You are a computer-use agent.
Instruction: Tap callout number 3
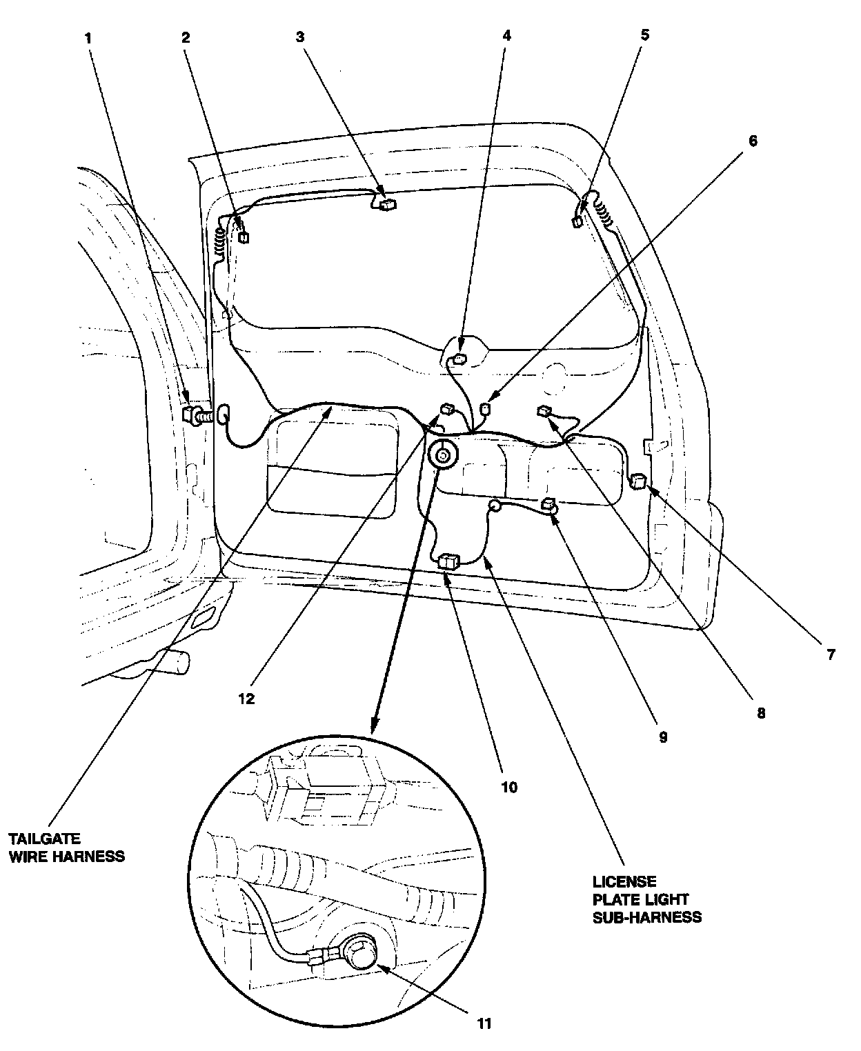tap(300, 37)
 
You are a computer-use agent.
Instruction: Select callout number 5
tap(645, 34)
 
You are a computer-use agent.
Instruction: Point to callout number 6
tap(753, 141)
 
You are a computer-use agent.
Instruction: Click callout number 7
tap(830, 654)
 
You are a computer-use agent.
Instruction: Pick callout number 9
tap(662, 737)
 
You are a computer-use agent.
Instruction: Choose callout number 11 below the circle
tap(484, 1023)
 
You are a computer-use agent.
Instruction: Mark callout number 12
tap(246, 699)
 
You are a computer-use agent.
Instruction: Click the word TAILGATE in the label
tap(44, 839)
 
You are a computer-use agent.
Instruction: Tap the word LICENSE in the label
tap(624, 882)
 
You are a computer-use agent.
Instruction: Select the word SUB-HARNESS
tap(647, 917)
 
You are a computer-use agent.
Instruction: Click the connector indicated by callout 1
tap(190, 414)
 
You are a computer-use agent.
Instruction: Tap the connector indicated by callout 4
tap(458, 359)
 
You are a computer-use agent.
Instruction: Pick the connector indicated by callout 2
tap(244, 237)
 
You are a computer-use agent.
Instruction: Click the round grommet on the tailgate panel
tap(442, 455)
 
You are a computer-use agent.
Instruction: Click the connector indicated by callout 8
tap(544, 412)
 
